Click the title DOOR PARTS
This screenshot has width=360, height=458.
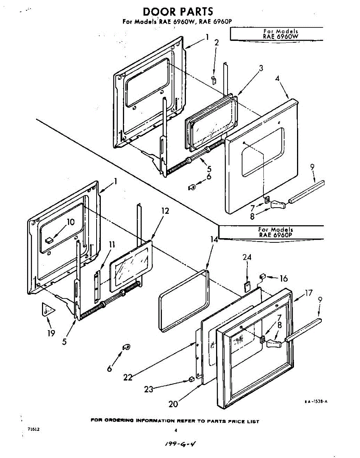pos(178,11)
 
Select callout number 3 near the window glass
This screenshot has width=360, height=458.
pos(261,69)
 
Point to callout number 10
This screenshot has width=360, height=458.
pos(71,222)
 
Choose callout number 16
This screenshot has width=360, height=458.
pos(284,279)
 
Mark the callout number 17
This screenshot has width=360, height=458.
pos(308,293)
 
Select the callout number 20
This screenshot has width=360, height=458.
pos(173,404)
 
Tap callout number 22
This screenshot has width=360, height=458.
pos(128,377)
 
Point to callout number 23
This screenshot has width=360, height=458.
pos(149,389)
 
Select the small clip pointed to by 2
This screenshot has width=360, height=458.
pos(214,80)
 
